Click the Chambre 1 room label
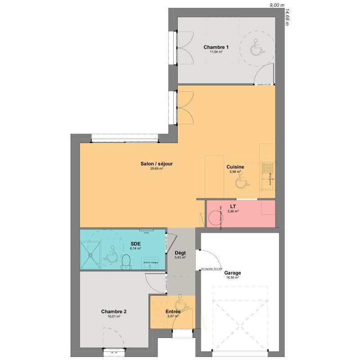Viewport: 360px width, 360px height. [x=216, y=47]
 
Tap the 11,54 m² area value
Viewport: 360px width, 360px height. [x=216, y=52]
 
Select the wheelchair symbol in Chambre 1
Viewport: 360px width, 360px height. [x=256, y=47]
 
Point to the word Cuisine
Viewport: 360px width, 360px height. [x=236, y=167]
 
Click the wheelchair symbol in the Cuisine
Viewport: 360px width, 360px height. [x=242, y=181]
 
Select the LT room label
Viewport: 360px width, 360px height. [x=233, y=207]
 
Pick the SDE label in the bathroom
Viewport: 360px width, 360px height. [x=135, y=244]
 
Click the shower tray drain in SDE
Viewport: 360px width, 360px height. [x=91, y=254]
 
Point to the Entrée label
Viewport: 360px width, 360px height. [x=173, y=311]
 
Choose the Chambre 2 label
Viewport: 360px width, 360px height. [x=114, y=311]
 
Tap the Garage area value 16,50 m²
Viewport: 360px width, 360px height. [x=233, y=278]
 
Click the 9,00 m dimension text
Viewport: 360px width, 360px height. [x=277, y=4]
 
